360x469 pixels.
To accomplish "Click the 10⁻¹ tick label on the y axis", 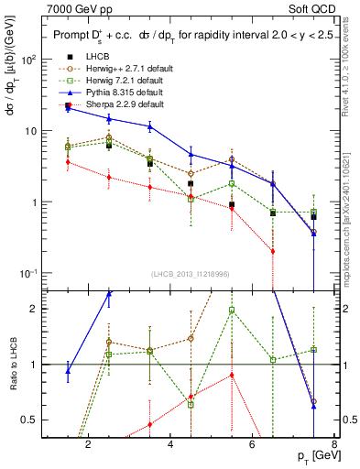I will (27, 274).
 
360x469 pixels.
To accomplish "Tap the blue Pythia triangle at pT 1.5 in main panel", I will (68, 108).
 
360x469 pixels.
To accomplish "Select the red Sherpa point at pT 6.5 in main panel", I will (273, 251).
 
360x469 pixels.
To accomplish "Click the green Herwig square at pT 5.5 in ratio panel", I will (232, 310).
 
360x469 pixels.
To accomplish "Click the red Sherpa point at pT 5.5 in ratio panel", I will (232, 375).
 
